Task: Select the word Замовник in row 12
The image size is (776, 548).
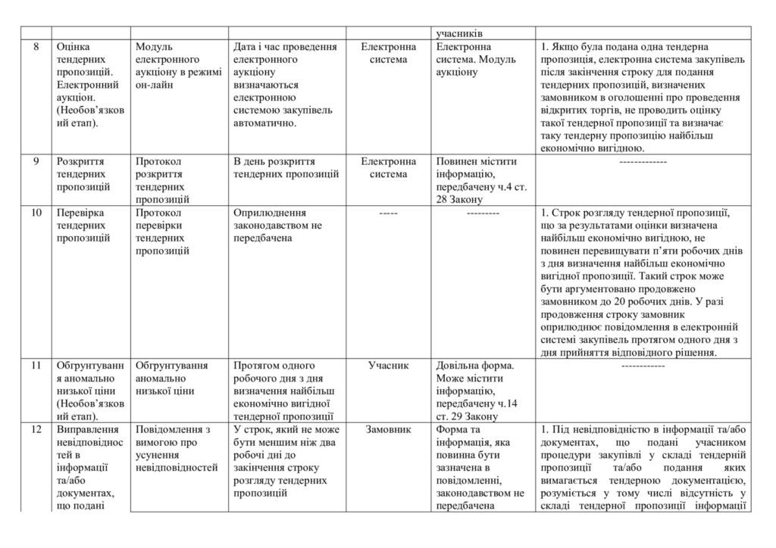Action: (x=389, y=429)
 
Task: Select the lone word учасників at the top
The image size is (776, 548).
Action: (x=460, y=33)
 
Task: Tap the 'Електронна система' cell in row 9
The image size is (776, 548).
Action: (x=389, y=168)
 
